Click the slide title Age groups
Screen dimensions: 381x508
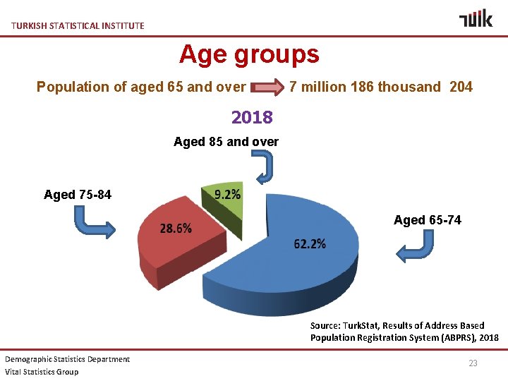[x=249, y=54]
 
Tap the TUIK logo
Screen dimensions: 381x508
[x=476, y=19]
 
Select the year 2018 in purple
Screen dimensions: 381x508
[x=252, y=116]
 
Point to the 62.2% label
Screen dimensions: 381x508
[x=310, y=244]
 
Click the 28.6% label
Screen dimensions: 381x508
[x=176, y=229]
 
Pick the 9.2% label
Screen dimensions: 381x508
[x=226, y=195]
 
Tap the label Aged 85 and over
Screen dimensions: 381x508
[x=226, y=142]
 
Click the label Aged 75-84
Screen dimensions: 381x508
[x=78, y=195]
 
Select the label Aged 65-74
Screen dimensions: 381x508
[x=428, y=220]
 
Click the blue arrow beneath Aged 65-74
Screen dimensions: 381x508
[x=416, y=248]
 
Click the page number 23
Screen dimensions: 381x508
[x=473, y=363]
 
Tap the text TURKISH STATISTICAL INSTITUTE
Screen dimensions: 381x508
[x=78, y=26]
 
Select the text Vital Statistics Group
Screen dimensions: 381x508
[x=42, y=372]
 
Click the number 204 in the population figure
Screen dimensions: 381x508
[x=459, y=87]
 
